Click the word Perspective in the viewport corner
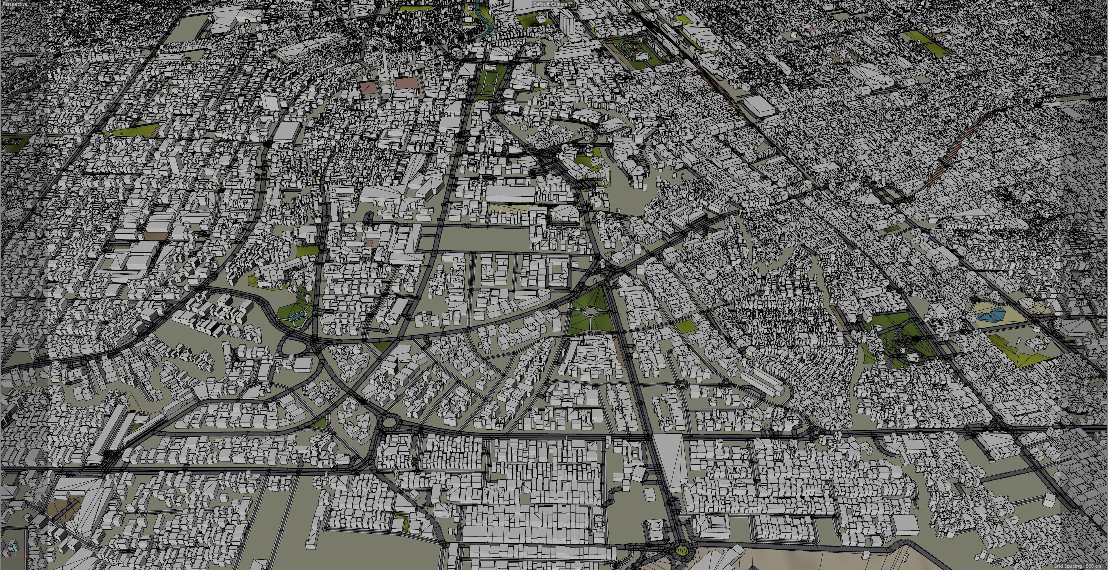coord(15,4)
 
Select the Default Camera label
coord(550,4)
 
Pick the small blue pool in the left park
coord(295,317)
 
